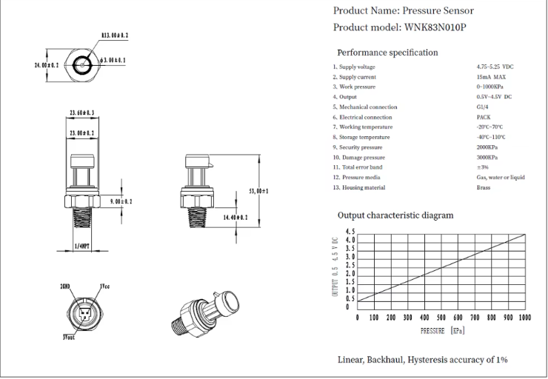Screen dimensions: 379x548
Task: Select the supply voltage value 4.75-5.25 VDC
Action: (495, 67)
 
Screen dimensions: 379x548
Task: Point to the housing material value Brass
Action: (484, 187)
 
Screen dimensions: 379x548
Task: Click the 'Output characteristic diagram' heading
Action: (395, 215)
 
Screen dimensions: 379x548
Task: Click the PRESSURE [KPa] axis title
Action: (442, 330)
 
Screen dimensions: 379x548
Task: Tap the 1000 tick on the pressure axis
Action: (524, 317)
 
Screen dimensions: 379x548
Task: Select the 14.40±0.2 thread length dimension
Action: (235, 218)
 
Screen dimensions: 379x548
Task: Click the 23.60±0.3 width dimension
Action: (81, 113)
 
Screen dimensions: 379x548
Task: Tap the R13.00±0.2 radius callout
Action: (113, 35)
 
